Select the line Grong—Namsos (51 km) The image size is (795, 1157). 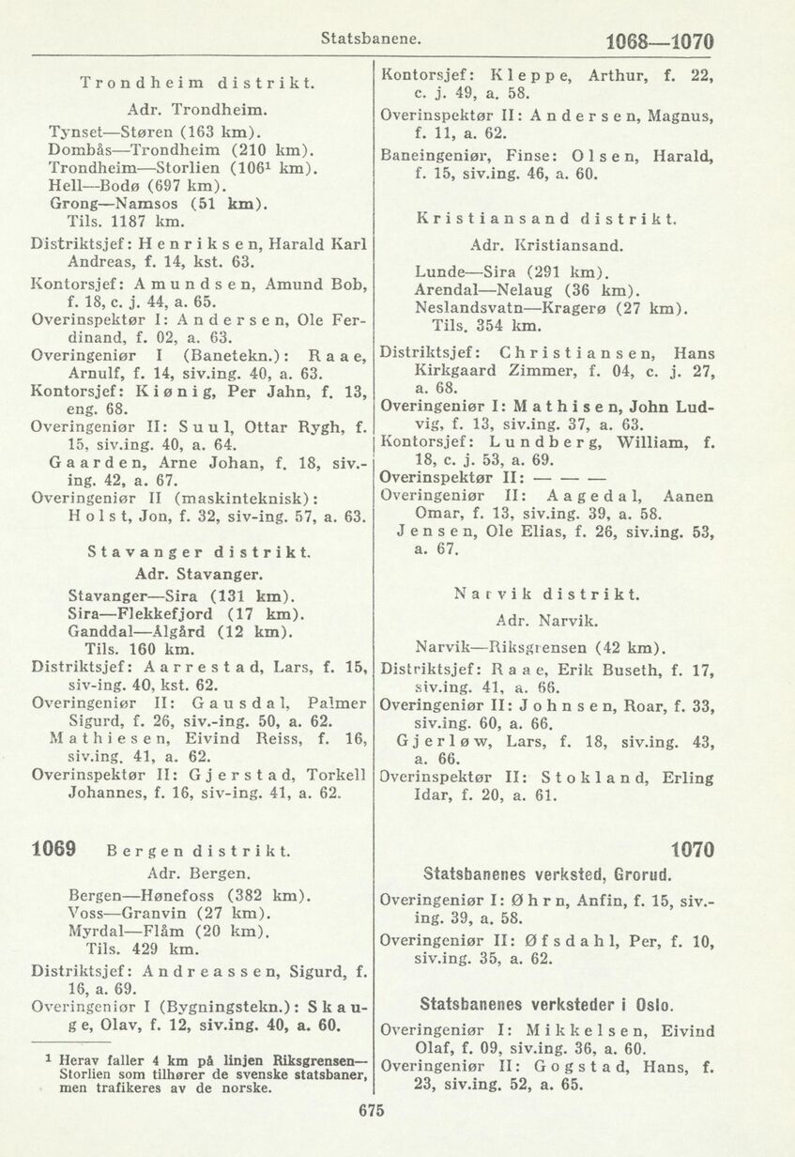point(143,204)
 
